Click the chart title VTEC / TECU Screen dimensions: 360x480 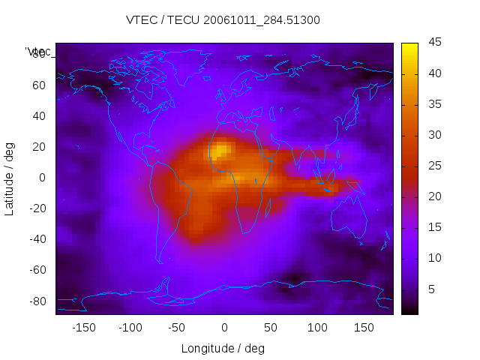[223, 20]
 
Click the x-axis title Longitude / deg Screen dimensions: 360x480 [223, 348]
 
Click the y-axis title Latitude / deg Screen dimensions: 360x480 [10, 178]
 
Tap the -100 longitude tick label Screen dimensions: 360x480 [130, 328]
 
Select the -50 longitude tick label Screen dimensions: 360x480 [177, 328]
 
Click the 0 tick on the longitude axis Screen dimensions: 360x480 [223, 328]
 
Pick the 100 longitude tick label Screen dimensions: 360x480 [317, 328]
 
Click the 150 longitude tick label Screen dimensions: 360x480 [364, 328]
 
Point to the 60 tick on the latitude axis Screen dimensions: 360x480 [39, 85]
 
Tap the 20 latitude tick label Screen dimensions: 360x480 [39, 147]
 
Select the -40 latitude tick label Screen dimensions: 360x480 [37, 239]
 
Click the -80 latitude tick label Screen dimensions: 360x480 [37, 301]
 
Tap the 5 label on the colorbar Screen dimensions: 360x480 [432, 289]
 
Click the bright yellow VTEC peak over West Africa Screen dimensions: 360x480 [218, 151]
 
